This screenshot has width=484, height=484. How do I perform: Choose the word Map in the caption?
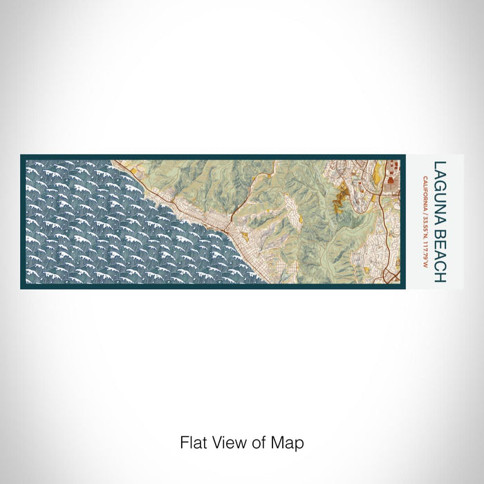coord(286,442)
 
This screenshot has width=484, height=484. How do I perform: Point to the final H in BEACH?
coord(440,279)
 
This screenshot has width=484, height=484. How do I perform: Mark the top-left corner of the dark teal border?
coord(21,156)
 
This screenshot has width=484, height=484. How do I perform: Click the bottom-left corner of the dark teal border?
coord(21,287)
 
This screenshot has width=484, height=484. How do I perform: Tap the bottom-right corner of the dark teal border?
coord(401,287)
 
